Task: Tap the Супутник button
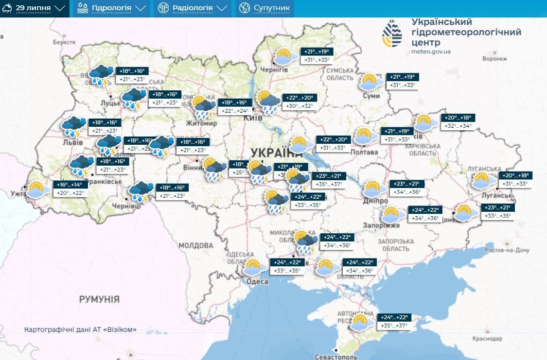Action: tap(265, 8)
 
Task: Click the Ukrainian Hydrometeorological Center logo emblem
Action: tap(392, 34)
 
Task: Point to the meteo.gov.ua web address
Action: tap(431, 51)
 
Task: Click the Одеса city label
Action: tap(257, 282)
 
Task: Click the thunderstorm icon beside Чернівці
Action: tap(141, 191)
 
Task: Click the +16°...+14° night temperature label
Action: tap(71, 185)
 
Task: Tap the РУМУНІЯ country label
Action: tap(99, 299)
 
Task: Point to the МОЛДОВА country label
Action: tap(196, 245)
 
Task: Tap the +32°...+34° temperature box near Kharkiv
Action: tap(458, 126)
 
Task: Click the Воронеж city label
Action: tap(494, 59)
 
